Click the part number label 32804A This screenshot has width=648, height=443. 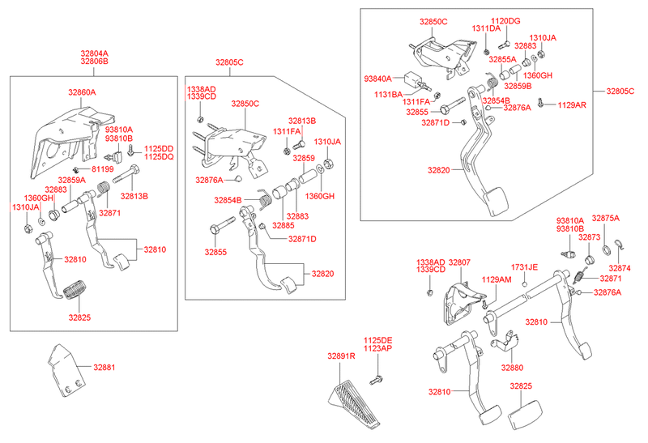[94, 53]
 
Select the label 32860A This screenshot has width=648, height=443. [82, 93]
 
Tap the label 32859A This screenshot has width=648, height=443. [71, 180]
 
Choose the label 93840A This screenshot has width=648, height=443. [377, 79]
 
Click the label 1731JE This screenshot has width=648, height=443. [524, 266]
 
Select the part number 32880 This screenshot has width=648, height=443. [512, 368]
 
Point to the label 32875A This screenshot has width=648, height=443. [605, 219]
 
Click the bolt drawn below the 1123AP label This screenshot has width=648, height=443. [377, 378]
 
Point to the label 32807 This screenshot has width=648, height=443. [459, 262]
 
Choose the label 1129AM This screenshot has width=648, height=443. [497, 279]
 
